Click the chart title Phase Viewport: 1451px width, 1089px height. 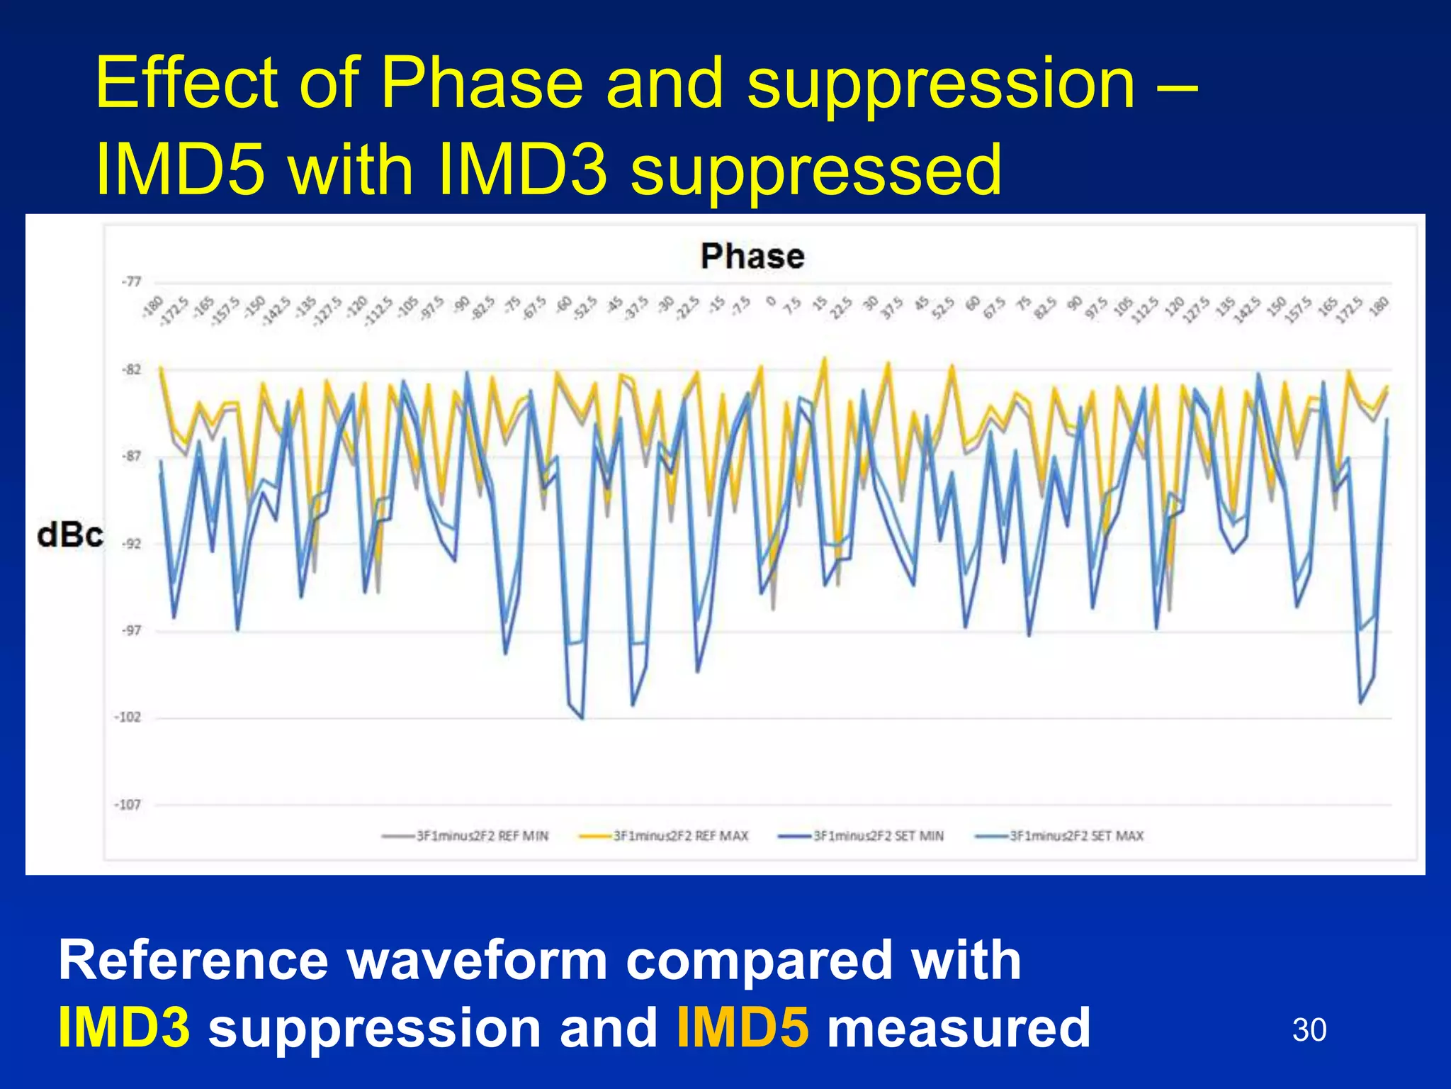click(752, 256)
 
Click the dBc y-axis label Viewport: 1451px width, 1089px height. click(69, 535)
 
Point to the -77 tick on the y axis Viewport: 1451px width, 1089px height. click(131, 281)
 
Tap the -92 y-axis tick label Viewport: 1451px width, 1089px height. click(131, 544)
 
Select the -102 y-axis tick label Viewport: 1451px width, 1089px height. click(128, 717)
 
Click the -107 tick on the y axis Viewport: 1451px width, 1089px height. click(128, 805)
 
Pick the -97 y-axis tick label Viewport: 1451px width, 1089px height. click(131, 630)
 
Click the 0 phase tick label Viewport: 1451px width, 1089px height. click(771, 302)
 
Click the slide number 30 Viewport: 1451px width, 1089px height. click(1309, 1029)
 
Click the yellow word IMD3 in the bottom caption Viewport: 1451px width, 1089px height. click(124, 1028)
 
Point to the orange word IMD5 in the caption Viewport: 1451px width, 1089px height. click(743, 1028)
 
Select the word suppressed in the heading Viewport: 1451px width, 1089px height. click(816, 170)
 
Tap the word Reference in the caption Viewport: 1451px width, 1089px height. click(193, 960)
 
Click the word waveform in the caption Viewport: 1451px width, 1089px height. click(477, 960)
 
